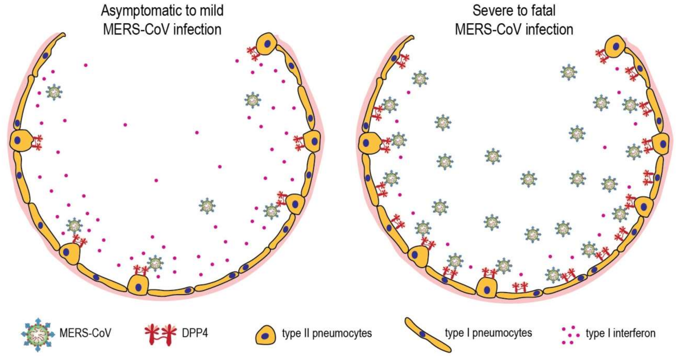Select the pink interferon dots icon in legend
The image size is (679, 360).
click(x=570, y=335)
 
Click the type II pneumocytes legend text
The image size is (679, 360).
click(x=327, y=333)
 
